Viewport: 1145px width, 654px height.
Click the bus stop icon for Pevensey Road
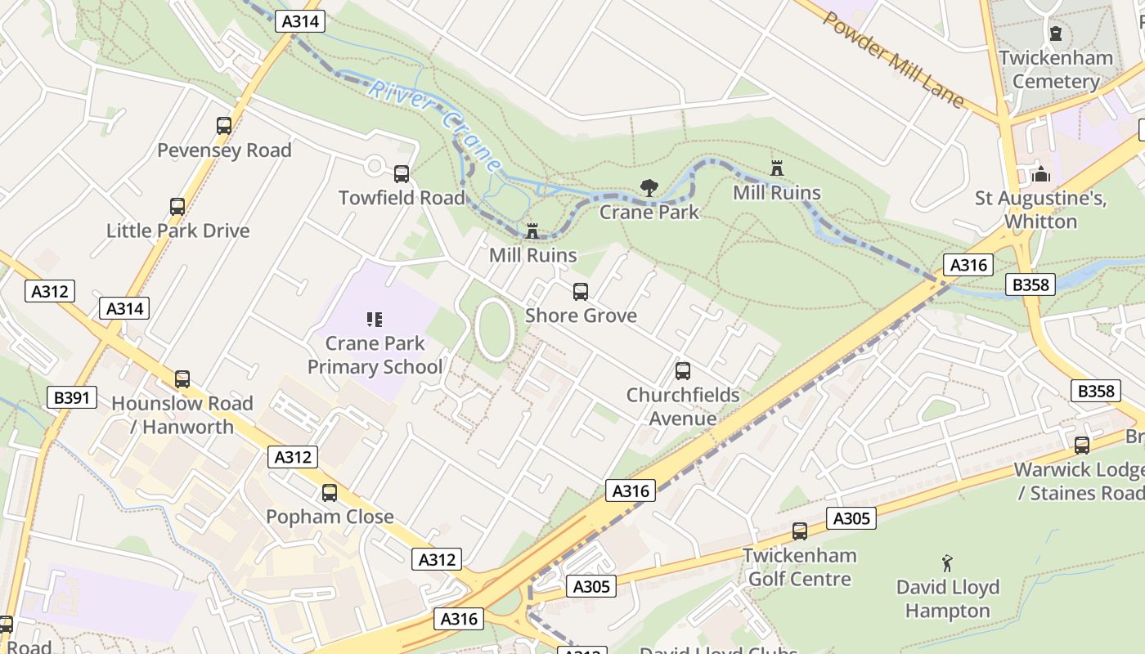point(224,126)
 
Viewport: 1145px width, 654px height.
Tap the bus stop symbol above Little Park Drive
point(177,207)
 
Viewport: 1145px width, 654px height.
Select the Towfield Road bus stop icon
point(402,174)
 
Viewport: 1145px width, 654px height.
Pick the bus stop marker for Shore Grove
point(581,292)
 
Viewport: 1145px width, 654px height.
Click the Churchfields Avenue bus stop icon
point(683,371)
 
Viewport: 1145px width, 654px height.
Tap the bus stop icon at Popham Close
point(330,493)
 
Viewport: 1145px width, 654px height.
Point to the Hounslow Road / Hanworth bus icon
point(182,379)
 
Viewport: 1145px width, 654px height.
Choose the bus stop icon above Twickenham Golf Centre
point(800,531)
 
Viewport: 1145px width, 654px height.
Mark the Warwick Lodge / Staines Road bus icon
point(1082,446)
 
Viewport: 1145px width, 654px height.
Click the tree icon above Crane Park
point(649,188)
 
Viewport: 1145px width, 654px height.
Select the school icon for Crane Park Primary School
point(375,320)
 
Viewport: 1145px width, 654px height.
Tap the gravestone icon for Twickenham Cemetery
point(1056,34)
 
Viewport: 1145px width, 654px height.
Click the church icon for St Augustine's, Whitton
point(1041,174)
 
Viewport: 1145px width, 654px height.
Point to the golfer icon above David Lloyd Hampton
point(948,563)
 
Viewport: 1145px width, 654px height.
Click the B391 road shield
point(72,398)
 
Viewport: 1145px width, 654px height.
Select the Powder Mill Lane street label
point(893,60)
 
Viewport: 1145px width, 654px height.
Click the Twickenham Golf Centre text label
point(799,567)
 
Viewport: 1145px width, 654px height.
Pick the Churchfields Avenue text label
point(683,407)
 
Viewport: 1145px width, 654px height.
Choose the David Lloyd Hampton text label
point(948,599)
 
